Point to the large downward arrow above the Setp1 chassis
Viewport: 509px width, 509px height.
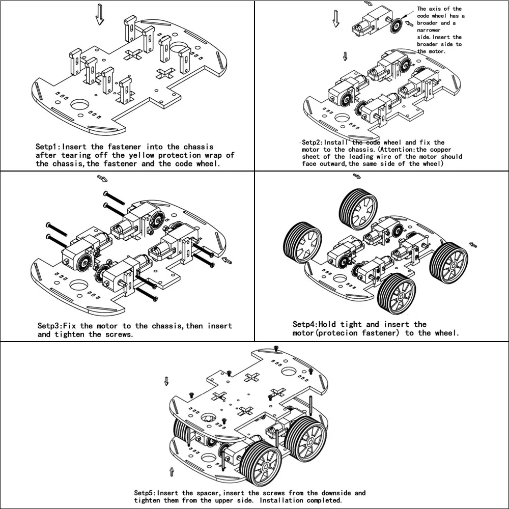click(x=100, y=15)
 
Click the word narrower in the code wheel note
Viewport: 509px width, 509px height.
click(x=429, y=30)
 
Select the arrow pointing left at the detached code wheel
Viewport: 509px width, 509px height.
click(x=410, y=23)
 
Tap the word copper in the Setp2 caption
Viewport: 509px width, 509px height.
click(x=440, y=150)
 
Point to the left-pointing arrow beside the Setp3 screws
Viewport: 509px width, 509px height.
click(x=227, y=260)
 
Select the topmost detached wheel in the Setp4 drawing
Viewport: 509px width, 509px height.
click(x=358, y=209)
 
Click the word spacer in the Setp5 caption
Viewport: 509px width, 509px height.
click(x=208, y=493)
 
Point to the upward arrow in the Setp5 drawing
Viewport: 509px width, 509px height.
click(x=172, y=472)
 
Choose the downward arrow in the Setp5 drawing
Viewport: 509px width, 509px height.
click(x=166, y=381)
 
